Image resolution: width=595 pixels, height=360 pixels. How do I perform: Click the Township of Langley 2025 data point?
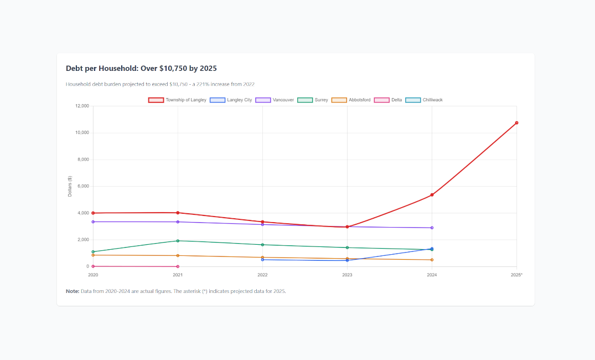click(516, 123)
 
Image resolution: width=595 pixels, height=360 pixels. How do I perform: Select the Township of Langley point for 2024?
click(432, 195)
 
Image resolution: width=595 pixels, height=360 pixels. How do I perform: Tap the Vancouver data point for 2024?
click(432, 228)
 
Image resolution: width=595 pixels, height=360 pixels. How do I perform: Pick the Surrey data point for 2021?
click(178, 241)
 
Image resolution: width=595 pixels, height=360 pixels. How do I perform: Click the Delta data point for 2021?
click(178, 266)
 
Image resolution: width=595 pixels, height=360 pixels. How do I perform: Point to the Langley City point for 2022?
click(262, 260)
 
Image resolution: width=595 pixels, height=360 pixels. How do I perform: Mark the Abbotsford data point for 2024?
click(432, 260)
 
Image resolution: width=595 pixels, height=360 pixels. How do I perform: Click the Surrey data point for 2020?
click(93, 252)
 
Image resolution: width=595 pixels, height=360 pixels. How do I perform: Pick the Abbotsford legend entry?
click(351, 100)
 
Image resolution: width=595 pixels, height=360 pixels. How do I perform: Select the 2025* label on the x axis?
click(516, 275)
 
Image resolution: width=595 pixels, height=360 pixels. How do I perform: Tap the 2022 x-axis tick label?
click(262, 275)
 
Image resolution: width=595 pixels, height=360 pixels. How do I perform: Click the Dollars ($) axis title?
click(70, 187)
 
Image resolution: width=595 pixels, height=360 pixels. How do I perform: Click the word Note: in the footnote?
click(73, 291)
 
